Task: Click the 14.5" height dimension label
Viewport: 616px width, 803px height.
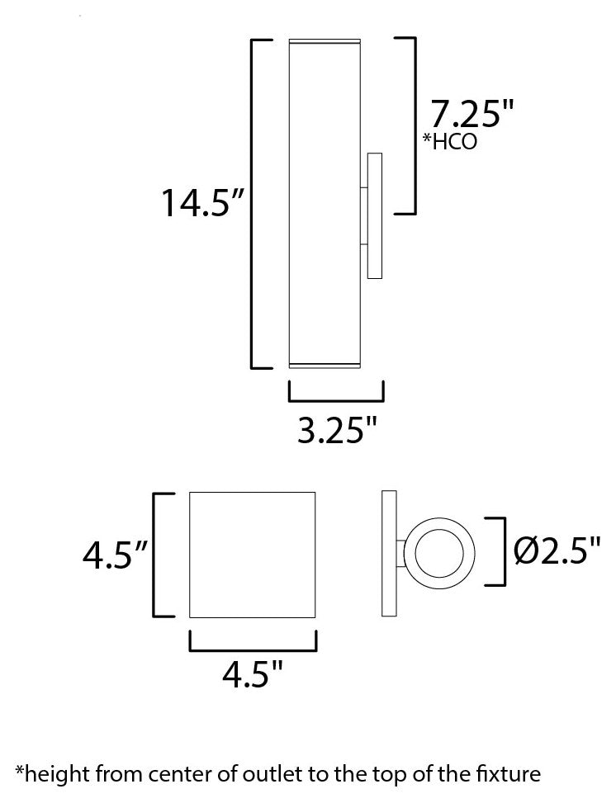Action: point(204,203)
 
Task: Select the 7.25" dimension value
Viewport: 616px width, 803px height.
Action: point(465,113)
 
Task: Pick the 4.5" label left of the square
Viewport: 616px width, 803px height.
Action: point(114,555)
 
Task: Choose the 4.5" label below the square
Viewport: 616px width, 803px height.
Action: point(252,677)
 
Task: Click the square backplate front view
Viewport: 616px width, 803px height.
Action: point(254,555)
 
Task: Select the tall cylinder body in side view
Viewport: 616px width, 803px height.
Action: point(323,203)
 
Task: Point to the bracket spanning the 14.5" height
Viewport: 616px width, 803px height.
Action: point(253,203)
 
